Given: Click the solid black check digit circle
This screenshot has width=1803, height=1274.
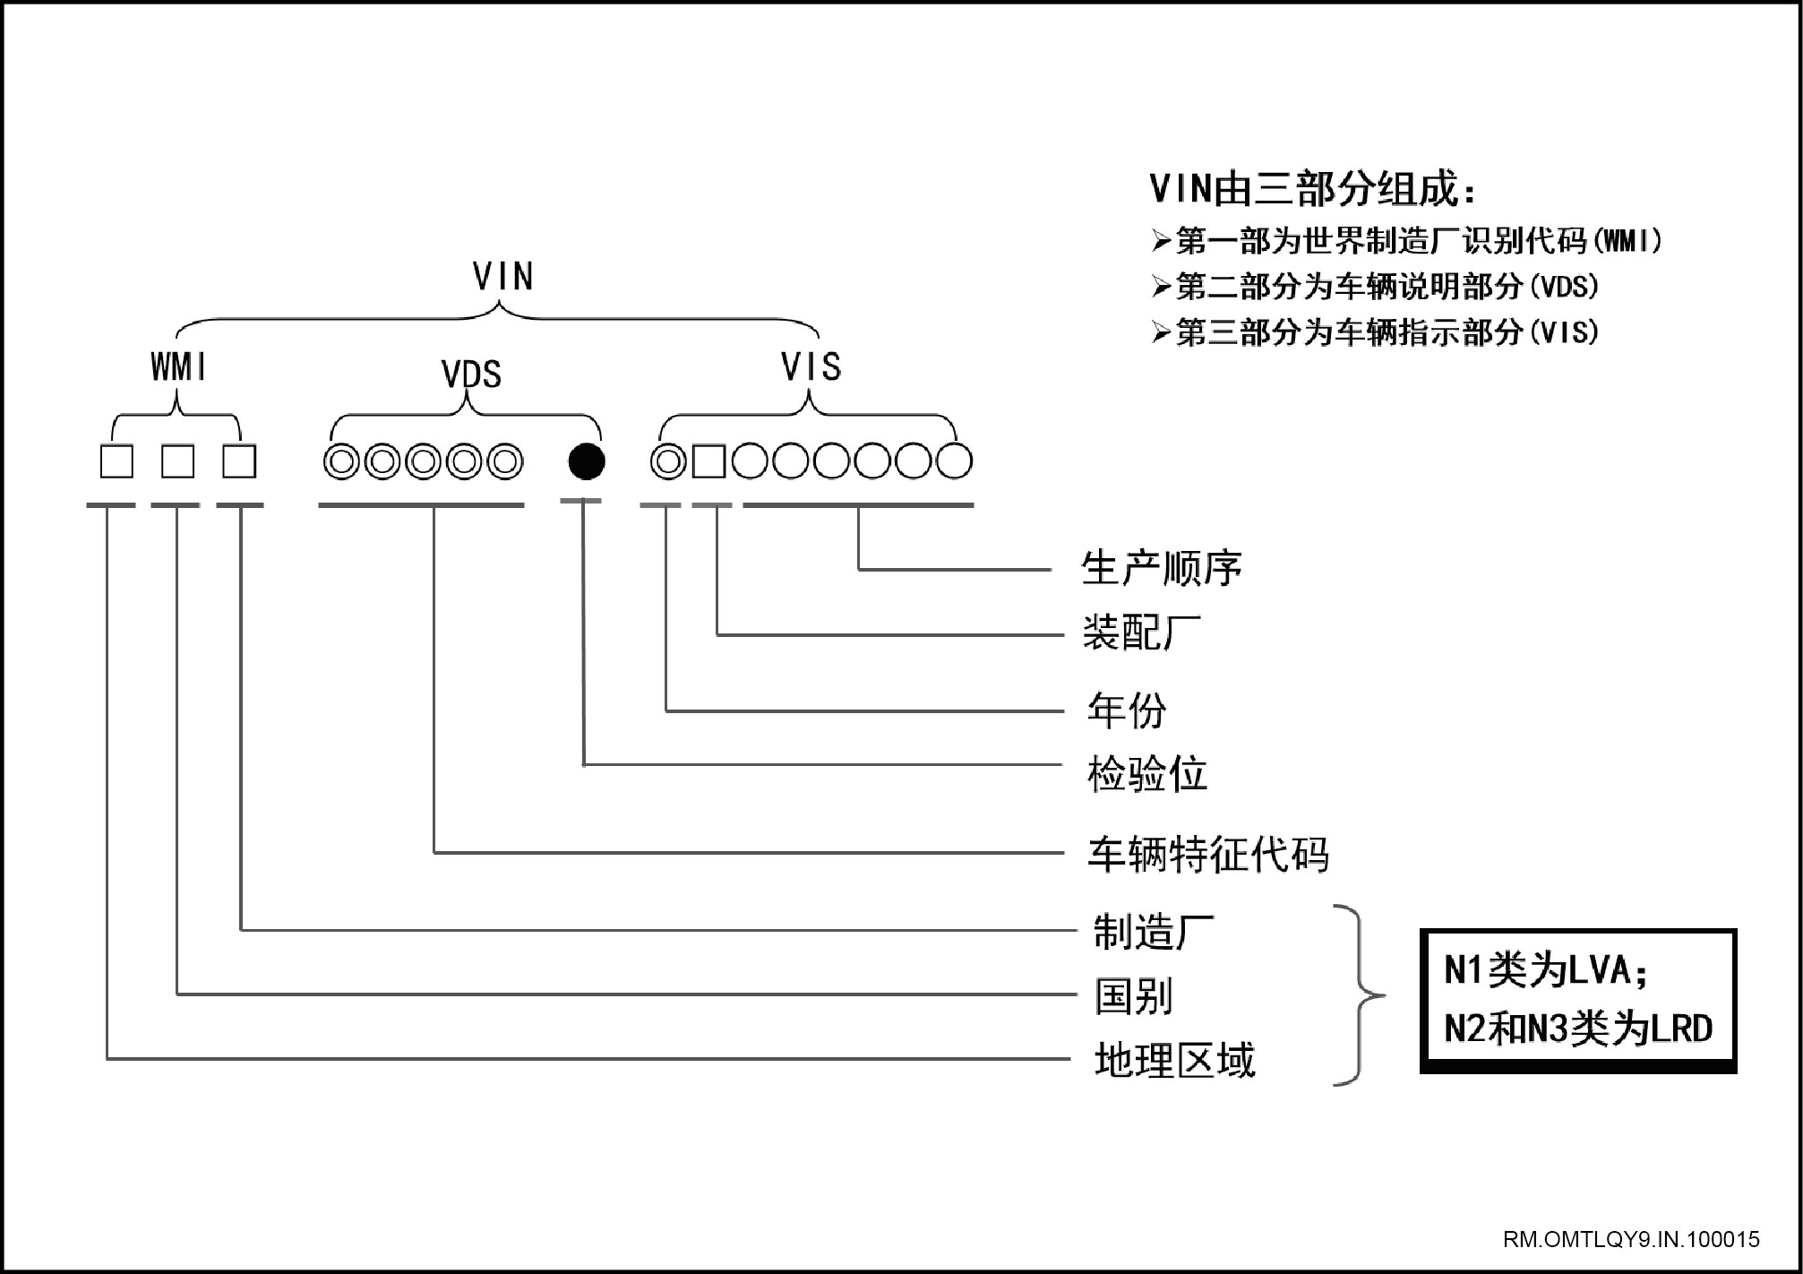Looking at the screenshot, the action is [587, 461].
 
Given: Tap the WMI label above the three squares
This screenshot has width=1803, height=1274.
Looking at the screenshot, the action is [179, 366].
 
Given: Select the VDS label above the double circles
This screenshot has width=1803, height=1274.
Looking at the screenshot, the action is [471, 374].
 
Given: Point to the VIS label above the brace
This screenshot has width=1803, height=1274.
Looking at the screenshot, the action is [811, 366].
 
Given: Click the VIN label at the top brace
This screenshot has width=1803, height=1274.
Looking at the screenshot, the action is [503, 277].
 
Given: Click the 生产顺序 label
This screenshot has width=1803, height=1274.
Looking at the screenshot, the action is [1162, 568].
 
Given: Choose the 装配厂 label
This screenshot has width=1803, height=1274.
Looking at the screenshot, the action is [1142, 633].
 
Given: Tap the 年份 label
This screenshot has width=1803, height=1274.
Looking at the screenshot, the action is [1127, 710].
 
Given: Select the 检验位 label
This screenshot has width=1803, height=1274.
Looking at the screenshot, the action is [1147, 774].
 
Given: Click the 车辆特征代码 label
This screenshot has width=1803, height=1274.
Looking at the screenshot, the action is [1208, 854].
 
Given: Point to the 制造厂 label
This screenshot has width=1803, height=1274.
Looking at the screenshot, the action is [1154, 932].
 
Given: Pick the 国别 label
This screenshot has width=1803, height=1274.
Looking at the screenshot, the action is [1134, 996].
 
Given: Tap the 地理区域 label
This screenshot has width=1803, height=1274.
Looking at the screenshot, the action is [1175, 1060].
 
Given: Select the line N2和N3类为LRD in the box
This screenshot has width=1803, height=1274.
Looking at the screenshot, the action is [1578, 1029].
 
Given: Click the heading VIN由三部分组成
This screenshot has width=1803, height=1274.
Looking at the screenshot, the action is [1313, 189].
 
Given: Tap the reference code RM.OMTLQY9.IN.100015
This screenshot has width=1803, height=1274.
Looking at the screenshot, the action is [1631, 1240].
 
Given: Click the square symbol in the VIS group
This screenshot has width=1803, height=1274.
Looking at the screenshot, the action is [708, 462].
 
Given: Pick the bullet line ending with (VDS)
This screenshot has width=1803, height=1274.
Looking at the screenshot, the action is [1376, 287].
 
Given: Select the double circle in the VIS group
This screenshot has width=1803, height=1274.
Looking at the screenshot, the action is [668, 462].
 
